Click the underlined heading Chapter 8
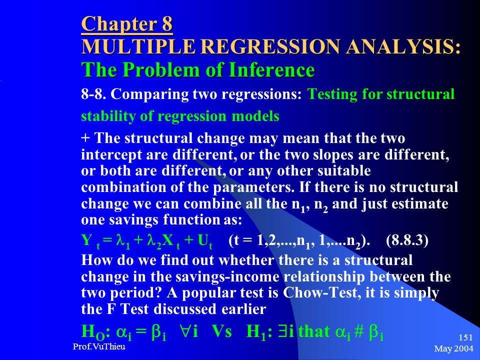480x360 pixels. coord(127,24)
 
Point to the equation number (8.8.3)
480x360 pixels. coord(407,240)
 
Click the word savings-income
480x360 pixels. coord(227,277)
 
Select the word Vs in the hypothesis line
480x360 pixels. coord(222,331)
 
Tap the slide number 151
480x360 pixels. coord(466,337)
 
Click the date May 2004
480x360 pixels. coord(453,348)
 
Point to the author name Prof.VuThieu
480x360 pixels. coord(99,346)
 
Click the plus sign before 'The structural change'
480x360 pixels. coord(85,138)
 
